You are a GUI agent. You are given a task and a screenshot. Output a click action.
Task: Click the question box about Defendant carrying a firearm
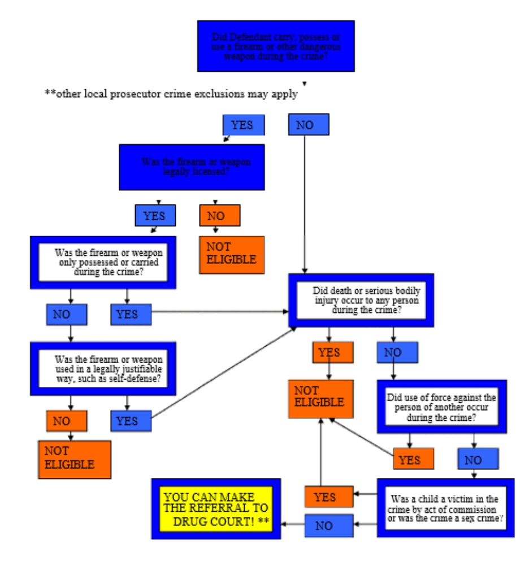click(276, 46)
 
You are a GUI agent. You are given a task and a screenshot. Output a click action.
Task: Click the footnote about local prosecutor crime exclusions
click(171, 94)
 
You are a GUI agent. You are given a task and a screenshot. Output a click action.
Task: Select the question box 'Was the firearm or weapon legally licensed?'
click(192, 167)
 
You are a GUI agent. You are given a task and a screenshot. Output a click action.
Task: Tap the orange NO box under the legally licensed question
click(220, 215)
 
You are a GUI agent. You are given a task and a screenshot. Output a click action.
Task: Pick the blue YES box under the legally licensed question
click(154, 215)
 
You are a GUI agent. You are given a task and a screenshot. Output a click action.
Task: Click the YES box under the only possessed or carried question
click(131, 314)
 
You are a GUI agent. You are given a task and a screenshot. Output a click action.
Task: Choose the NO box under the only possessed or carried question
click(67, 314)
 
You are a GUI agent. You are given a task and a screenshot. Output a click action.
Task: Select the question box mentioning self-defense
click(103, 368)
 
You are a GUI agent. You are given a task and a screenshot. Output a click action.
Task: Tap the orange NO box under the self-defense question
click(67, 421)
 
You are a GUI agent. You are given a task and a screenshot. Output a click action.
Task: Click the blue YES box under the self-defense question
click(131, 421)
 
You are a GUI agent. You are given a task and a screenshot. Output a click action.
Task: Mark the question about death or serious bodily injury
click(361, 300)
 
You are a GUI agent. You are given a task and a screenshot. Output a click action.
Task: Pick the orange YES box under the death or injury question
click(333, 352)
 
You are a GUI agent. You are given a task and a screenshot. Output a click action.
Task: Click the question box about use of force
click(441, 407)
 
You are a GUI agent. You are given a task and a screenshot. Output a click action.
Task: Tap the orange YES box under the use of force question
click(414, 459)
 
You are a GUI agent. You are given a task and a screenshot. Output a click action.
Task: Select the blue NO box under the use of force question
click(478, 459)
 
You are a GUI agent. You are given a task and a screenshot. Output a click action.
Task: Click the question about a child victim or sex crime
click(445, 508)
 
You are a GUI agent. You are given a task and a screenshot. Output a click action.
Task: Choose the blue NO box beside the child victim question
click(329, 525)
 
